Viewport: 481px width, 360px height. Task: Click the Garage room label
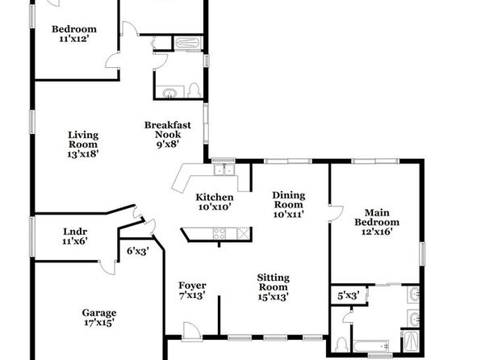(x=99, y=312)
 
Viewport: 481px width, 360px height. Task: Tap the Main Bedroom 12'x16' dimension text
(x=377, y=232)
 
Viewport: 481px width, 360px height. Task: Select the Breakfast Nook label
(x=168, y=129)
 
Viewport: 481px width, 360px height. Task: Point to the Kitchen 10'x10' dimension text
(x=215, y=207)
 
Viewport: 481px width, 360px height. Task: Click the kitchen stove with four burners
(x=219, y=233)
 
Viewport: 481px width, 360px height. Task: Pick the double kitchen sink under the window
(x=224, y=170)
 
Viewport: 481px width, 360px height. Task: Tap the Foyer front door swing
(x=191, y=332)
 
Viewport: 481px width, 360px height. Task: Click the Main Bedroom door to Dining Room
(x=336, y=213)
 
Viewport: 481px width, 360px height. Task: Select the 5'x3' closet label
(x=348, y=296)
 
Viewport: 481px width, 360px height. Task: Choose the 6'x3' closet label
(x=138, y=251)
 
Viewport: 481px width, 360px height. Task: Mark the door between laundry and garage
(x=107, y=268)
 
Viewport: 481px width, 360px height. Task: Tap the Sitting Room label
(x=273, y=283)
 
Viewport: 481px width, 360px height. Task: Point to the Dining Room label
(x=289, y=200)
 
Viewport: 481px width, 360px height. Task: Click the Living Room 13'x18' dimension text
(x=83, y=153)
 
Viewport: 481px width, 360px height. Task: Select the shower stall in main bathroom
(x=410, y=341)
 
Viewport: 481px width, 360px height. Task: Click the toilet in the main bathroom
(x=341, y=345)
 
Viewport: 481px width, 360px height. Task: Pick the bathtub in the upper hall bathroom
(x=188, y=43)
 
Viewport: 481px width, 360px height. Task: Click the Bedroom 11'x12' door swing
(x=112, y=60)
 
